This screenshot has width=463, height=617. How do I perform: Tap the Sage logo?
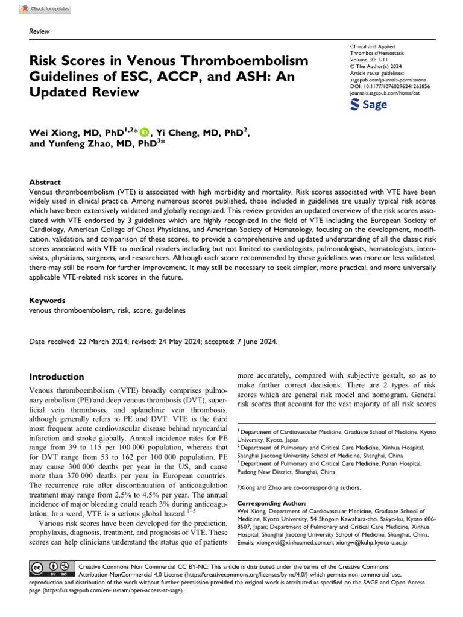tap(369, 105)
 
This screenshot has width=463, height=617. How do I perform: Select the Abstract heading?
tap(45, 182)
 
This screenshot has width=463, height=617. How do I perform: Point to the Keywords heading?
tap(48, 299)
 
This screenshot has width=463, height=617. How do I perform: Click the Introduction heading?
tap(57, 377)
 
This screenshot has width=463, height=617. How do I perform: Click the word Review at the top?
tap(39, 31)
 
